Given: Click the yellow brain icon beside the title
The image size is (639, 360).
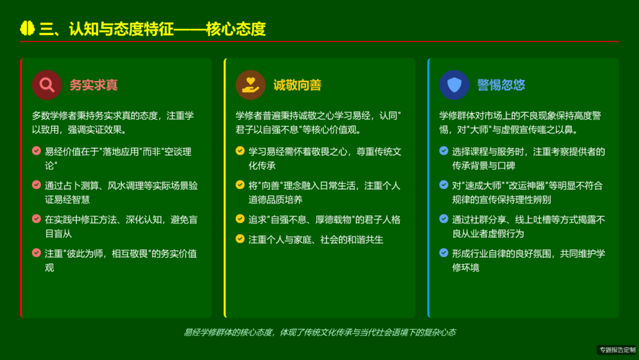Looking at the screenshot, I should pos(28,28).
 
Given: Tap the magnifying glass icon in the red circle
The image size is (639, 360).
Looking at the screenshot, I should pos(47,85).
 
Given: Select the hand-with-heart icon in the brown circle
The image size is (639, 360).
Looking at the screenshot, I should pos(250,85).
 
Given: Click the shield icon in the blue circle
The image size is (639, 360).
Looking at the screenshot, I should pos(454,85).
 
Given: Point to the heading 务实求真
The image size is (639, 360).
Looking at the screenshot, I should pos(93,85).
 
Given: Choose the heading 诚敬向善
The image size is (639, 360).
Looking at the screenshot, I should pos(297,85).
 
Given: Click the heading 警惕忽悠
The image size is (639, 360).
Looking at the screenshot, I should pos(501,85).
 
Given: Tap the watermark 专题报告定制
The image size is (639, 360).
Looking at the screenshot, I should pos(617,350).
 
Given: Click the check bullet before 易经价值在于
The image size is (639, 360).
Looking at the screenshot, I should pos(37,151).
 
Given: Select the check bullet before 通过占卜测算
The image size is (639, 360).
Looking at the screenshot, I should pos(37,185).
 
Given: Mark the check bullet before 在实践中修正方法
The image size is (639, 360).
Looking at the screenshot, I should pos(37,219).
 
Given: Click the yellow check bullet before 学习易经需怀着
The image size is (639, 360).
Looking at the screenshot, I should pos(240,151).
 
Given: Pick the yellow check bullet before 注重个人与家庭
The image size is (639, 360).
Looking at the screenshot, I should pos(240,239).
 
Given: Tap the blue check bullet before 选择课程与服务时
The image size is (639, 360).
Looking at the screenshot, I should pos(444,151).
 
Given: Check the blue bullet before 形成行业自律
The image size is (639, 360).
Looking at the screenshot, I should pos(444,253).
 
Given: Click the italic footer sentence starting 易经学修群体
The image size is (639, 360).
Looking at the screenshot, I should pos(319,332).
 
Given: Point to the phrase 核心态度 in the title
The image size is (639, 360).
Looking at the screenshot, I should pos(235,28).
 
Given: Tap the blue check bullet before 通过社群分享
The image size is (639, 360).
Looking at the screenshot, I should pos(444,219).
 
